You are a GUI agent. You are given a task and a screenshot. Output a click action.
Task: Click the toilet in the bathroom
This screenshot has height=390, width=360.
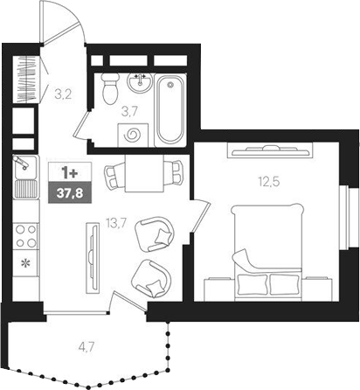pos(110,87)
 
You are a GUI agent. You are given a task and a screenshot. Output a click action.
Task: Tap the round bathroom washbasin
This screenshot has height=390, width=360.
pos(140,84)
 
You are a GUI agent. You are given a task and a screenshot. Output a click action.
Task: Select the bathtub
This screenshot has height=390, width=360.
pos(169,108)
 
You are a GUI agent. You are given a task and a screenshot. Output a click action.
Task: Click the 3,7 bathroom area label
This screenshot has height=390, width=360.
pos(128,111)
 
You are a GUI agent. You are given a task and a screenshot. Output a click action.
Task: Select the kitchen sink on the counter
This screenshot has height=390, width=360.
pos(24,164)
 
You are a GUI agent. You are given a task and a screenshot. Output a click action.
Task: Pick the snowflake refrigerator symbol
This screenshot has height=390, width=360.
pos(24,262)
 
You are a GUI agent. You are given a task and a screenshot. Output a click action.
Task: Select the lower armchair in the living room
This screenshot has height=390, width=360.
pos(148,278)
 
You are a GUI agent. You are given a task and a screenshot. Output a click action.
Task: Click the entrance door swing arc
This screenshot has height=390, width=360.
pos(66,22)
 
